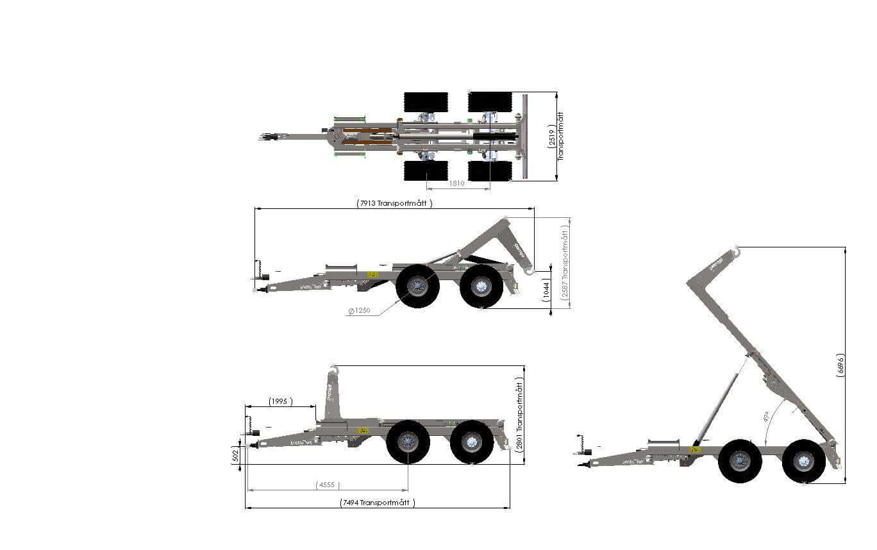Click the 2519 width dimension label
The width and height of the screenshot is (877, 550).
[x=551, y=137]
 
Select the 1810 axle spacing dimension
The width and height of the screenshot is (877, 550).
[x=456, y=183]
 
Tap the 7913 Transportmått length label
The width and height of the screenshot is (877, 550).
[x=395, y=203]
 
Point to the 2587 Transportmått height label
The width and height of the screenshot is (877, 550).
[x=565, y=263]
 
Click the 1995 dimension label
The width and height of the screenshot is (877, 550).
[x=279, y=401]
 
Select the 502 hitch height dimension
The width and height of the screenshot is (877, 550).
[x=235, y=455]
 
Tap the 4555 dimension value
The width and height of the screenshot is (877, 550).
[x=328, y=485]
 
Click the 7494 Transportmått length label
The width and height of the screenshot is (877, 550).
[x=378, y=503]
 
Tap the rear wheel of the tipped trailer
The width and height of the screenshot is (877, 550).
[x=803, y=461]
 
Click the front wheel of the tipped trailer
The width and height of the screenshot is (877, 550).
[x=740, y=461]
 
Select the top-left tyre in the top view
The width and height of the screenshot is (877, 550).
[x=426, y=102]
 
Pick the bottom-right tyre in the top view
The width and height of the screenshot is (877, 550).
[x=490, y=171]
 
